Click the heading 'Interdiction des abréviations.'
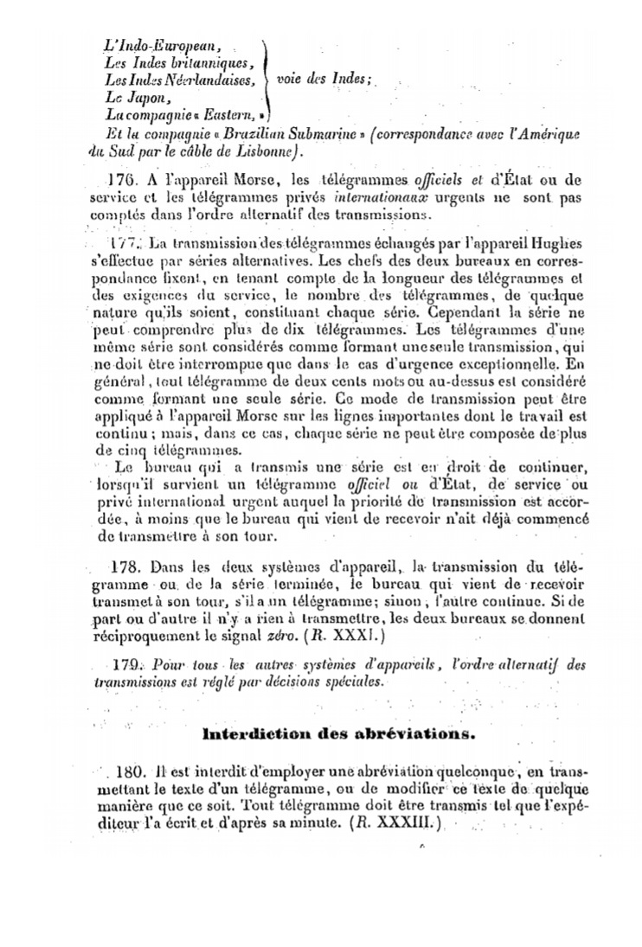(338, 735)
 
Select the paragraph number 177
(124, 244)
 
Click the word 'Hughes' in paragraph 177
(557, 244)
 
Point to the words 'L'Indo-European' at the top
(162, 46)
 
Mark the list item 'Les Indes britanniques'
(179, 63)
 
